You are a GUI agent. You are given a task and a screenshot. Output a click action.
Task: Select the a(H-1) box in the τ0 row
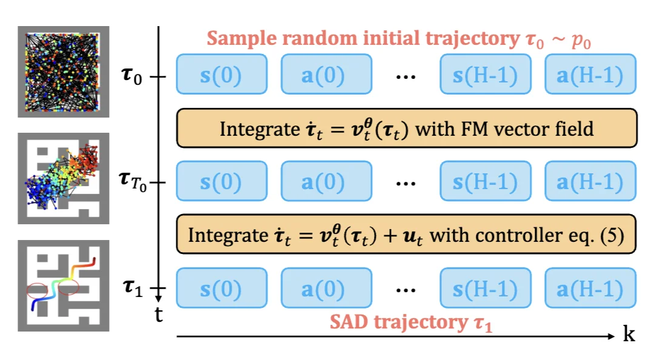[x=590, y=75]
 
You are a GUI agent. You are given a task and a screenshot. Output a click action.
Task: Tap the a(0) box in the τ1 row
[x=326, y=288]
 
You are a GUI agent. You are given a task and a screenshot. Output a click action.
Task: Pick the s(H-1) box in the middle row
[x=485, y=181]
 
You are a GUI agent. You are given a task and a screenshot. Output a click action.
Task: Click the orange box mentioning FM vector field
[x=406, y=128]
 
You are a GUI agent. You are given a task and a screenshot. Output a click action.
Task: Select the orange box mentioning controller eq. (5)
[x=406, y=235]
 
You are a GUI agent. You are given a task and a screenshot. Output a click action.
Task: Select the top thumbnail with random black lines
[x=63, y=72]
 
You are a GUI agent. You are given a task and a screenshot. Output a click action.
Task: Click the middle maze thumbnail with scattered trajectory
[x=63, y=178]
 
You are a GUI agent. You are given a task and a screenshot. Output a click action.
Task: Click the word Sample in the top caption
[x=237, y=39]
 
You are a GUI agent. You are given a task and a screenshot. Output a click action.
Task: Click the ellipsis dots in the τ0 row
[x=406, y=78]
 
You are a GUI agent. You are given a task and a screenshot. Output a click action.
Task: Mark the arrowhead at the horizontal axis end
[x=612, y=335]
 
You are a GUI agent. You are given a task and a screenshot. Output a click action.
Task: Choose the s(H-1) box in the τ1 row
[x=485, y=288]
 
